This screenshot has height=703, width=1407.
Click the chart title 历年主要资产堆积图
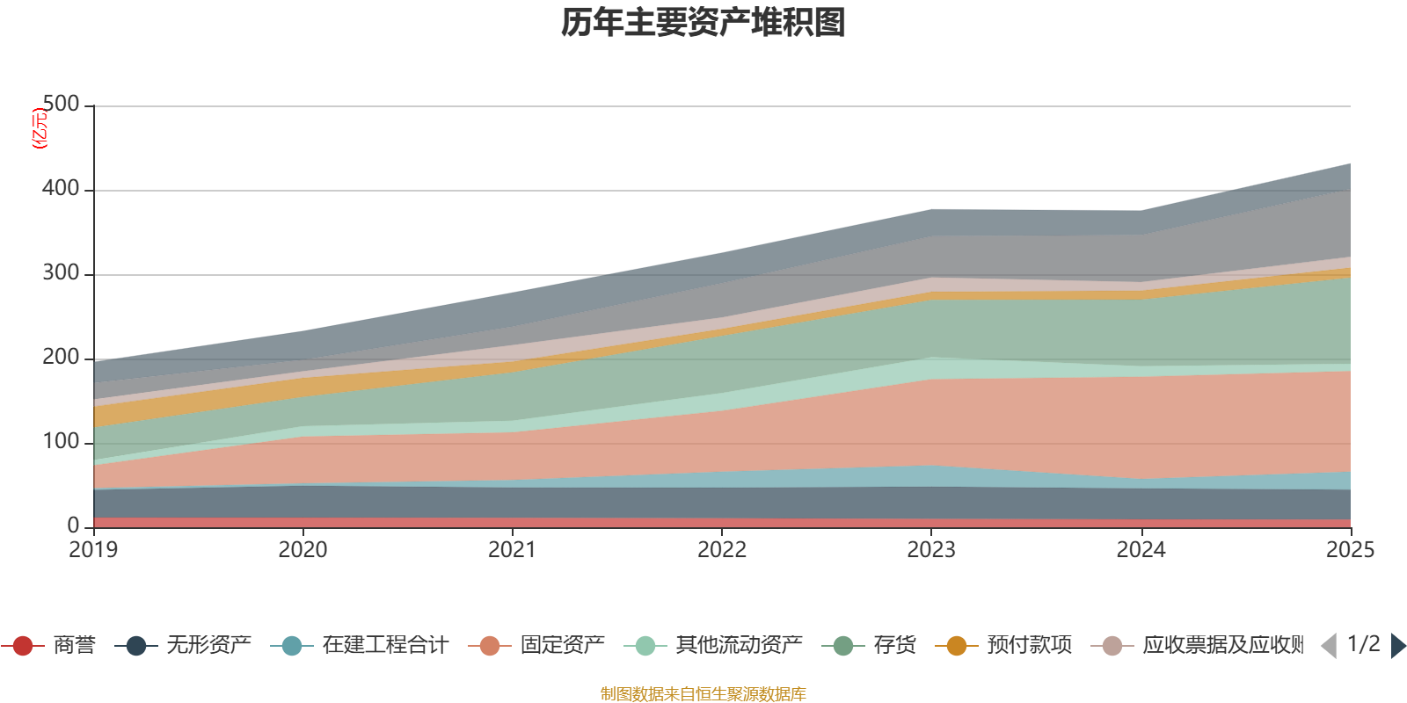(x=703, y=23)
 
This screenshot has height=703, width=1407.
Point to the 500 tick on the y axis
(x=61, y=105)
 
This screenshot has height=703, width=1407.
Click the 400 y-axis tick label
(x=61, y=189)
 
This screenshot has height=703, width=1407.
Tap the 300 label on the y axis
(x=61, y=273)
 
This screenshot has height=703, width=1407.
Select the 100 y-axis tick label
(x=61, y=442)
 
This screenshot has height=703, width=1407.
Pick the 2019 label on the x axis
(x=93, y=550)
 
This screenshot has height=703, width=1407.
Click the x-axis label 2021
(x=512, y=550)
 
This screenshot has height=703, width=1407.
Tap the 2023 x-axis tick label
(x=931, y=550)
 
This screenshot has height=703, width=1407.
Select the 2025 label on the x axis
(x=1350, y=550)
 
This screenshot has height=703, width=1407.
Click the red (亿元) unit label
(x=40, y=129)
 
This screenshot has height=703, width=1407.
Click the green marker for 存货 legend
(x=843, y=646)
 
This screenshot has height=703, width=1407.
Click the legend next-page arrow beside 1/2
(x=1397, y=646)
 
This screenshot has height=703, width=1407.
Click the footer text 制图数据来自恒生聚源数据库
(x=703, y=694)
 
